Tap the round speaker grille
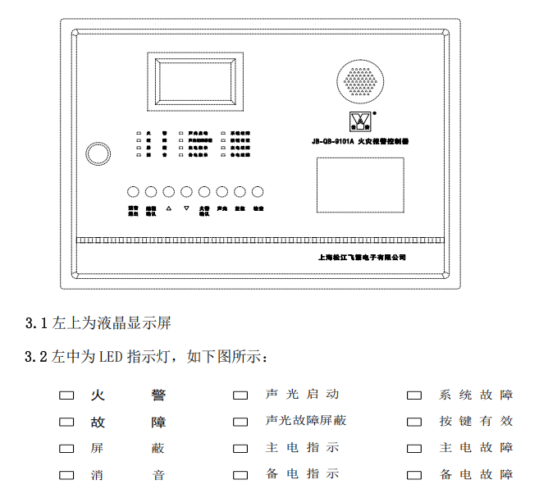coord(359,79)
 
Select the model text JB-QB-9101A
coord(333,141)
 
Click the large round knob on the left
coord(98,153)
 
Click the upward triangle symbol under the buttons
coord(168,208)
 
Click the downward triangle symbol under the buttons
coord(186,208)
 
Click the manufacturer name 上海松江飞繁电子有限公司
coord(362,257)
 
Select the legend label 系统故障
coord(476,395)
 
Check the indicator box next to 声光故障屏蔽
coord(240,422)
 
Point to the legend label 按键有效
coord(476,421)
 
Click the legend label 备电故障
coord(476,474)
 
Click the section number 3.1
coord(37,323)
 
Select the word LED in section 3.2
coord(111,359)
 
